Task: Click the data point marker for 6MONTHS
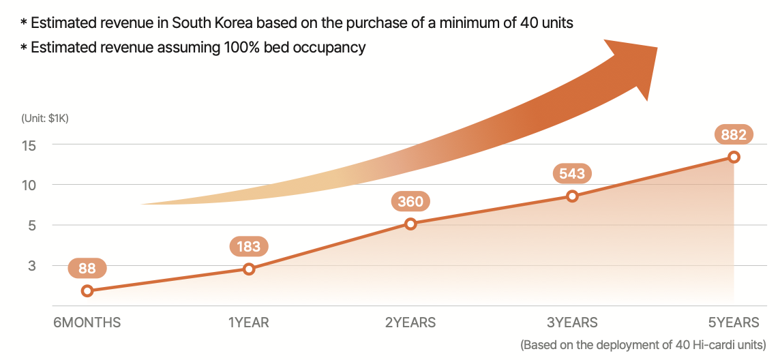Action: point(87,291)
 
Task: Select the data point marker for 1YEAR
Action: point(249,269)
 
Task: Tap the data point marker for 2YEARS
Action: point(410,224)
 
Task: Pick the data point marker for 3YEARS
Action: point(572,196)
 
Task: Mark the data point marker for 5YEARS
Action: point(734,157)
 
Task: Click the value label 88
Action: point(87,269)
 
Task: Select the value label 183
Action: point(249,246)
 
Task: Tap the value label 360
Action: point(410,201)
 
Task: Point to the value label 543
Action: point(572,173)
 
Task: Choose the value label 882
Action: point(734,134)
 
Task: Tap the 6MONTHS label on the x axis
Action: point(87,322)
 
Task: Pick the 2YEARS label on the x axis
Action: point(410,322)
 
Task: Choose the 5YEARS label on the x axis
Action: point(734,322)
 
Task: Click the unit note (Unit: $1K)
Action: point(45,118)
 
